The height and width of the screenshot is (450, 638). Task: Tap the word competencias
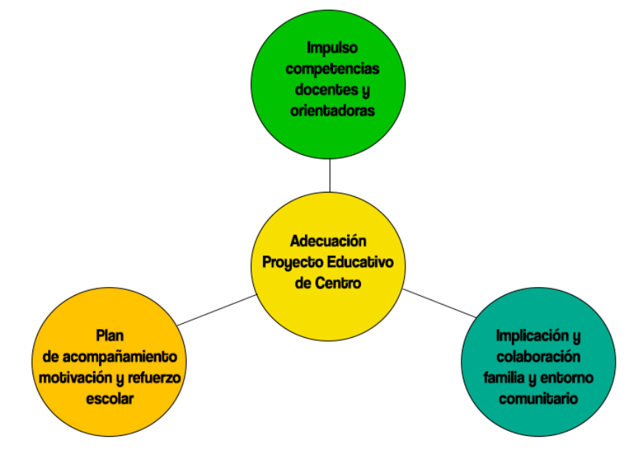tap(332, 69)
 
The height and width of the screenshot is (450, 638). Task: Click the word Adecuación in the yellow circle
tap(329, 241)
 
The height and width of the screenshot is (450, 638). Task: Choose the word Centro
tap(338, 283)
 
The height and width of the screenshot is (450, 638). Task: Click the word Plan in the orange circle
tap(109, 336)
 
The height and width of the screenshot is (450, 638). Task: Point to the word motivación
tap(76, 378)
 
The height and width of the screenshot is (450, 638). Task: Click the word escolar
tap(109, 398)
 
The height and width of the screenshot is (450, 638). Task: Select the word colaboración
tap(538, 357)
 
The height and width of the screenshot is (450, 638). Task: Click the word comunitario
tap(538, 398)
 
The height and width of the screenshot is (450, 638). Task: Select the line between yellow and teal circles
tap(439, 302)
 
